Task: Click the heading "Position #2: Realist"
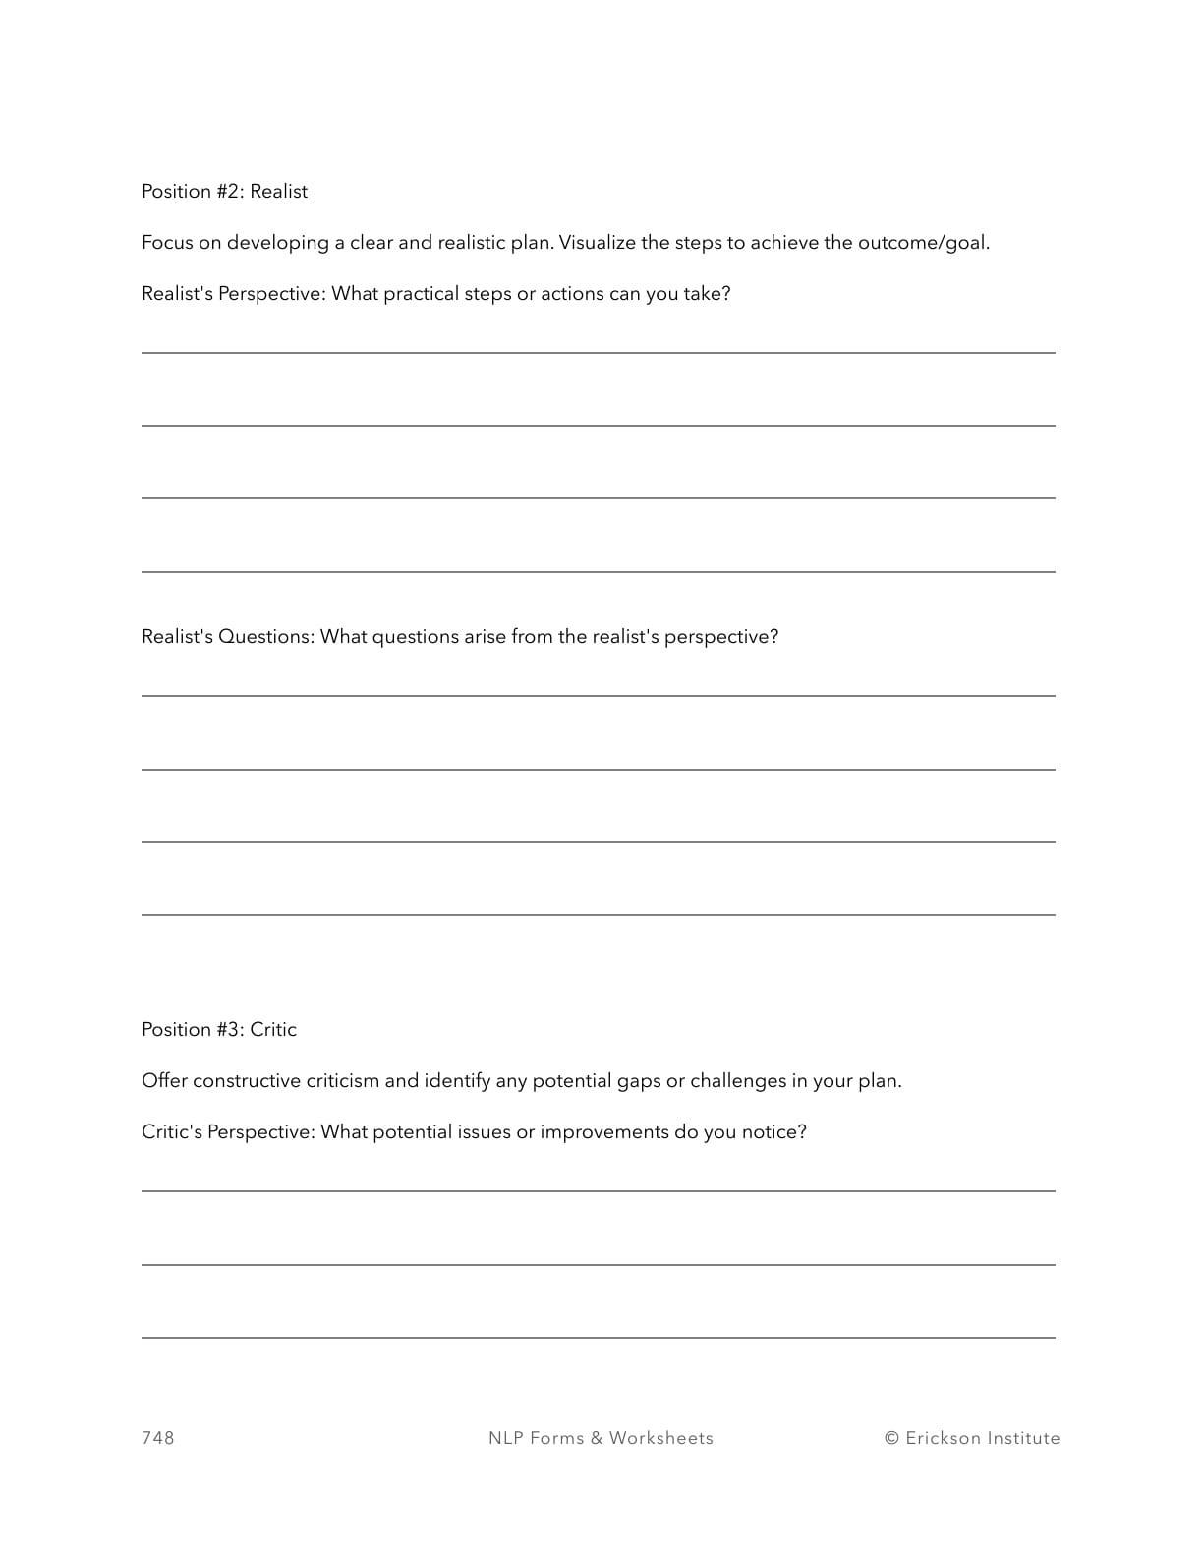(224, 192)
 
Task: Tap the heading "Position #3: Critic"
(218, 1030)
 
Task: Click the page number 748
(158, 1438)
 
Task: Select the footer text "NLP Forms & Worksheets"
(601, 1438)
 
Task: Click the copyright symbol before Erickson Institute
(891, 1438)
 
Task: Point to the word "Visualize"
(598, 243)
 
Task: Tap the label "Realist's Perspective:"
(233, 294)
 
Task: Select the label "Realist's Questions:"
(228, 637)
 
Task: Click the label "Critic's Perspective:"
(228, 1132)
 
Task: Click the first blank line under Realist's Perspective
(598, 351)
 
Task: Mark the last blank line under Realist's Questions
(598, 914)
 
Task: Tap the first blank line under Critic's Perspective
(598, 1190)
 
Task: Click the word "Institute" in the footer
(1023, 1438)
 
